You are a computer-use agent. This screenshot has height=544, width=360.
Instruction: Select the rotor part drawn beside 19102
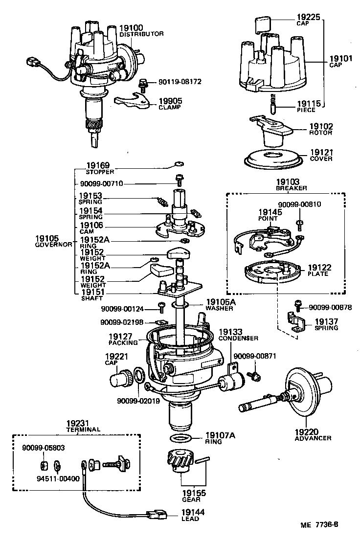[270, 131]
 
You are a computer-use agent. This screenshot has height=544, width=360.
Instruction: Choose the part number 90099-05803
[44, 447]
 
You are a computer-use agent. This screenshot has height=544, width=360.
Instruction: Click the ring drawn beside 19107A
[180, 437]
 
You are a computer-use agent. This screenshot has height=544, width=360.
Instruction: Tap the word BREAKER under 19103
[292, 188]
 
